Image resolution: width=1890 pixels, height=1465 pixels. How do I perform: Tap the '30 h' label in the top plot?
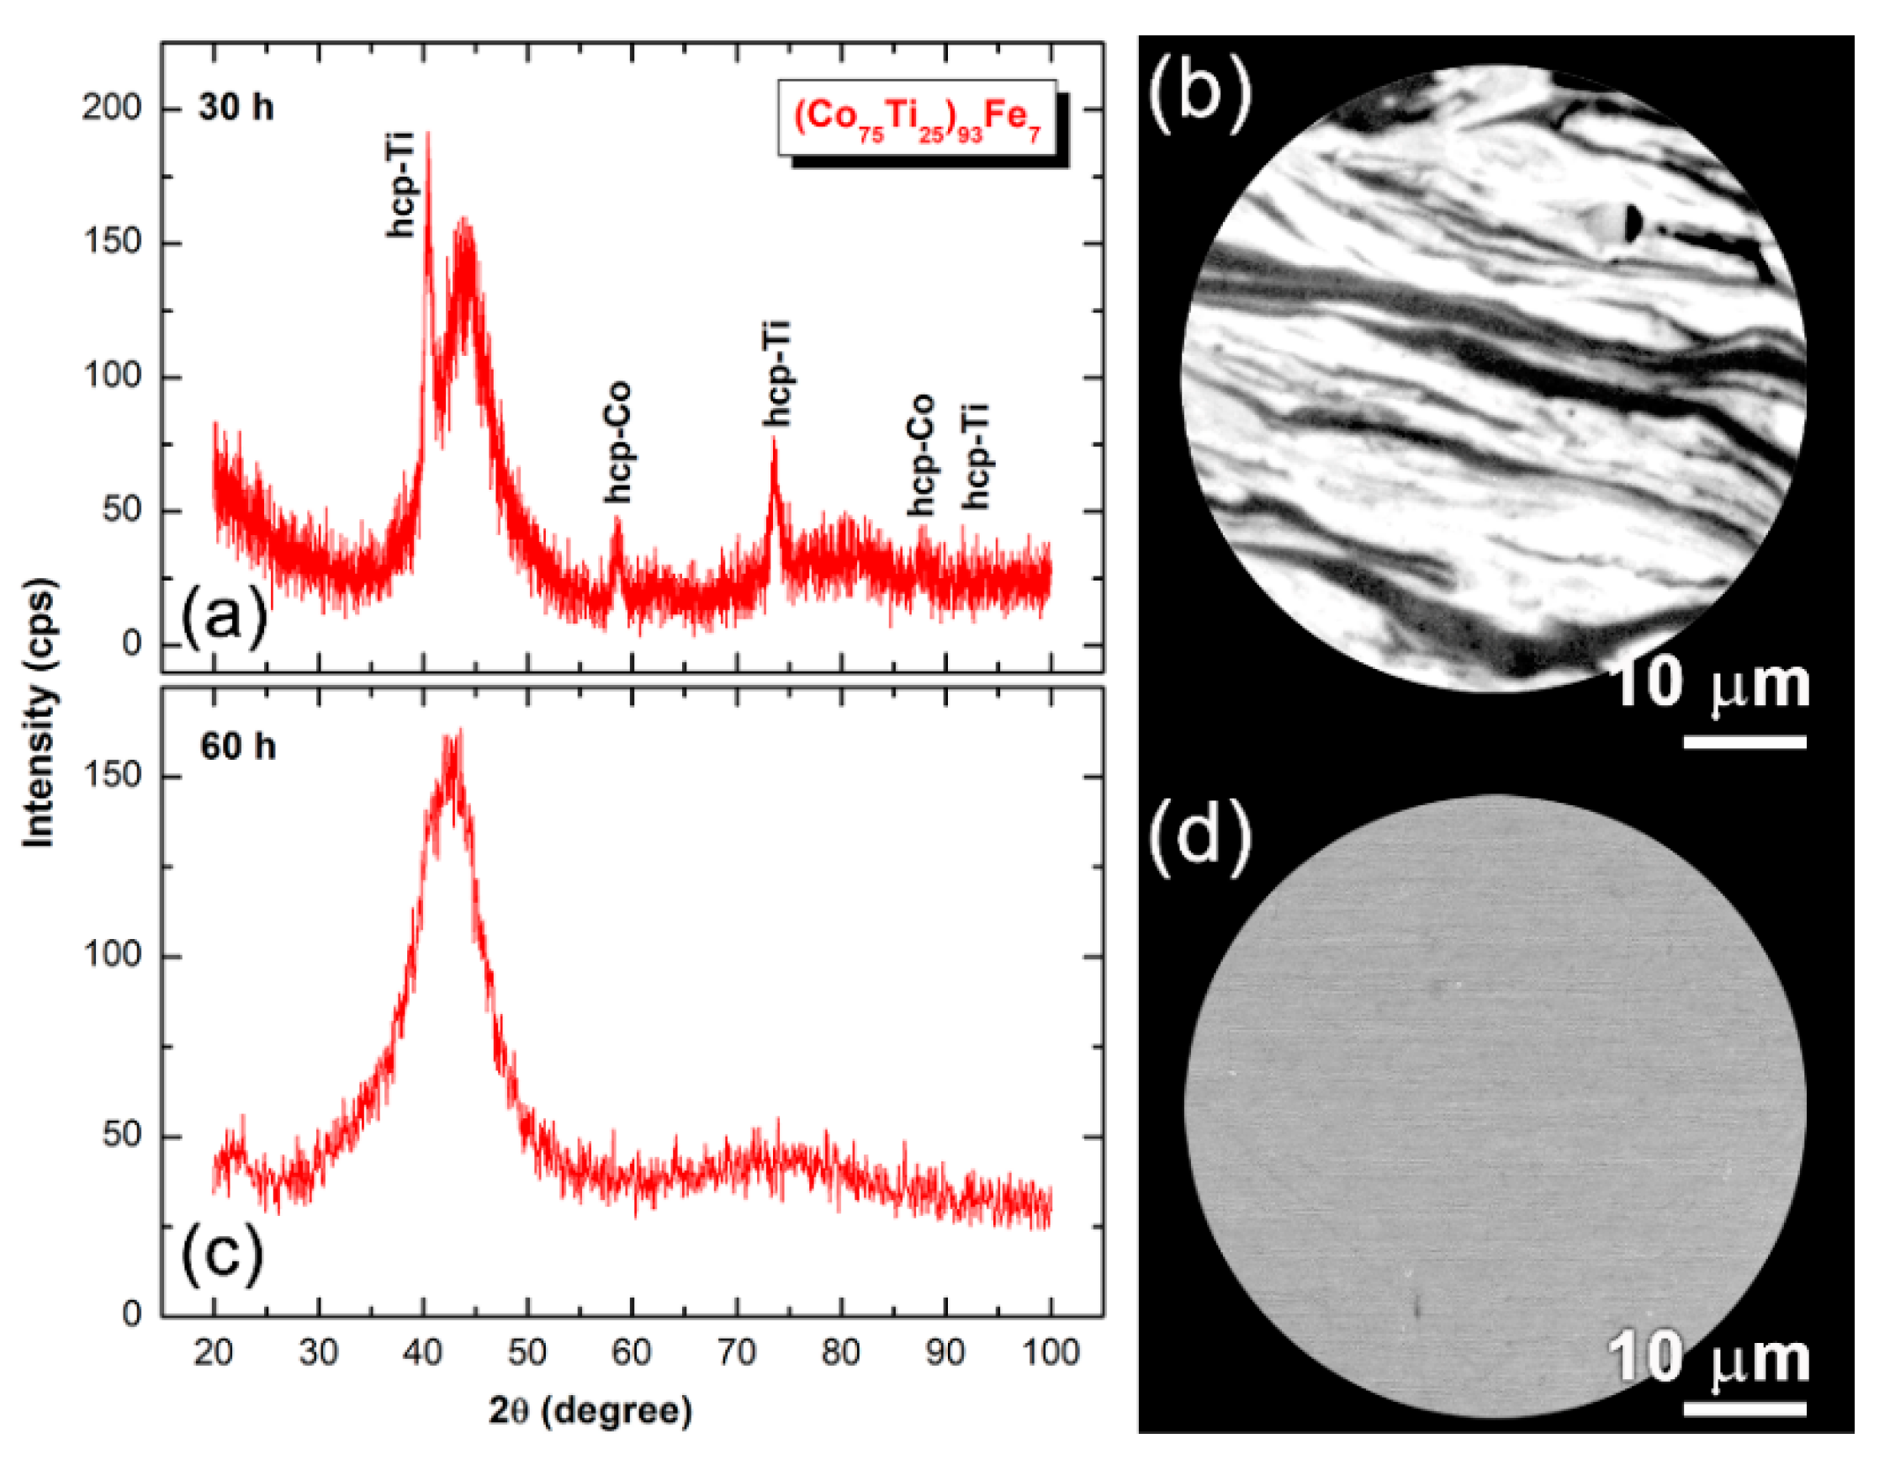click(x=236, y=109)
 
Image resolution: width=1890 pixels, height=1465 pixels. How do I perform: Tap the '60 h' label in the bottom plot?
click(x=238, y=746)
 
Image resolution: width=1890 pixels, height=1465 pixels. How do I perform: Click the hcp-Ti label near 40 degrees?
click(x=400, y=183)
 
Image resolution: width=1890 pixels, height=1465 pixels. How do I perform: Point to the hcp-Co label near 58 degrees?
click(x=618, y=443)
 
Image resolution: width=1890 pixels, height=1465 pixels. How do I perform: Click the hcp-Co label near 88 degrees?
click(x=922, y=455)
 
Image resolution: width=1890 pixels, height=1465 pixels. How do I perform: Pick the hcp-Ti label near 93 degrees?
click(x=977, y=456)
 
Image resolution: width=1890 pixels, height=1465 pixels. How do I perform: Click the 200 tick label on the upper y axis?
click(x=111, y=109)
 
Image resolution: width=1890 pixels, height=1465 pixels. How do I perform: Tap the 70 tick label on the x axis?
click(x=737, y=1352)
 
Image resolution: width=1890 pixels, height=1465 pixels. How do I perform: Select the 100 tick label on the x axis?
click(x=1049, y=1352)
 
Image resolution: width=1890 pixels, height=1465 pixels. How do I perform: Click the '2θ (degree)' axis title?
click(x=590, y=1411)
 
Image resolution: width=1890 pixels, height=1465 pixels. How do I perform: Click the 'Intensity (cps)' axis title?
click(x=38, y=712)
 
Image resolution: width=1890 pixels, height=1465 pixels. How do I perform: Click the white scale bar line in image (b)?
click(x=1744, y=742)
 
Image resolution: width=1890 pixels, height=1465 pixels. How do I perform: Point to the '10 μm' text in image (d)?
click(x=1709, y=1359)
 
